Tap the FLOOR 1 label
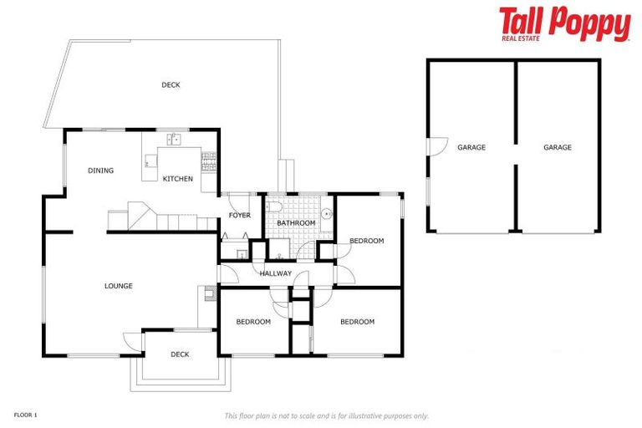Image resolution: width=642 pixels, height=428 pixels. pos(26,415)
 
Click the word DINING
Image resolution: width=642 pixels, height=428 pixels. pos(100,171)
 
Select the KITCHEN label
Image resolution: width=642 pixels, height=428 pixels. pos(177,179)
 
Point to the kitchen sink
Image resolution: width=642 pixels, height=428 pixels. pos(174,139)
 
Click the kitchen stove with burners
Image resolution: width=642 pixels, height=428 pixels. pos(209,156)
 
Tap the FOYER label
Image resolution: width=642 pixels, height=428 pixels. pos(240,216)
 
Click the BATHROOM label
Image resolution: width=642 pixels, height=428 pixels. pos(296,223)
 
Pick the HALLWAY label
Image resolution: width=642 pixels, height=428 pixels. pos(276,273)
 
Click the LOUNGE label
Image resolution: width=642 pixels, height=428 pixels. pos(119,286)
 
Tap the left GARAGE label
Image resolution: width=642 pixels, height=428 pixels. pos(471,147)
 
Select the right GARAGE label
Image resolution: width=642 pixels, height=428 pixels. pos(558,147)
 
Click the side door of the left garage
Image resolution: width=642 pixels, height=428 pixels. pos(433,147)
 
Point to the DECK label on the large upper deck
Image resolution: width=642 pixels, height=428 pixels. pos(171,84)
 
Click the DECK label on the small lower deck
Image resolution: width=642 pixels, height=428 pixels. pos(180,354)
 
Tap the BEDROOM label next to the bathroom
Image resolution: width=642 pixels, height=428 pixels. pos(366,241)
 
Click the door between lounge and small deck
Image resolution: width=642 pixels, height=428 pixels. pos(133,339)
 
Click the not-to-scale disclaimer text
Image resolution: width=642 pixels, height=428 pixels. pos(326,415)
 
